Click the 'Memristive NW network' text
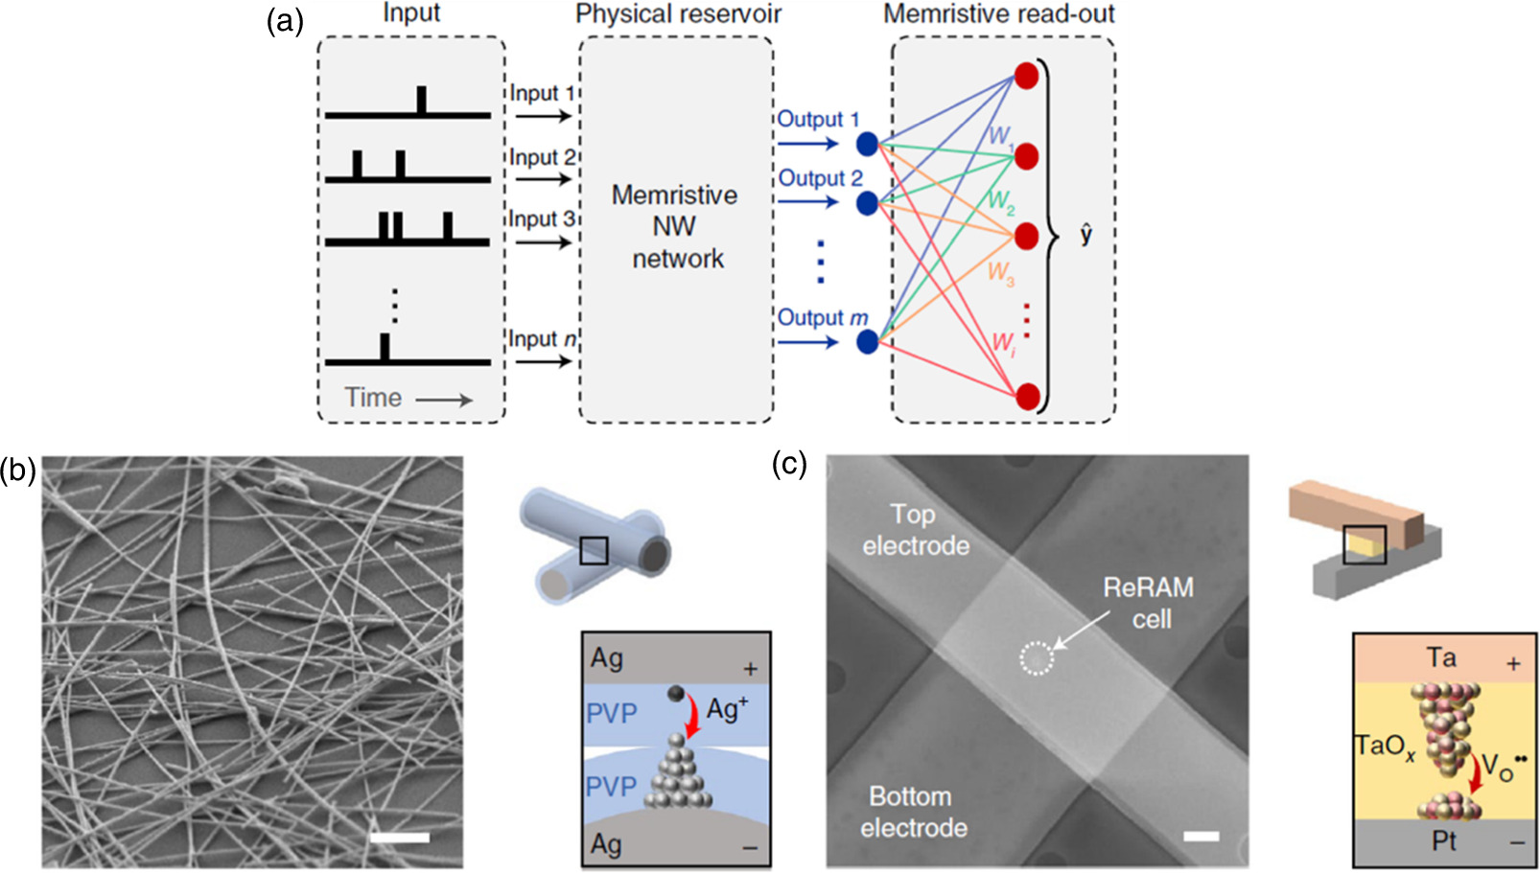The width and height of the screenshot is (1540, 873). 676,227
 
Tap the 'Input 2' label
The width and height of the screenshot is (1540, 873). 541,157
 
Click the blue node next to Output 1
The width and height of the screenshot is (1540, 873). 867,145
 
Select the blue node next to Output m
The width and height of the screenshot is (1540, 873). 867,341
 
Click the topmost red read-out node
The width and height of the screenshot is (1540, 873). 1027,77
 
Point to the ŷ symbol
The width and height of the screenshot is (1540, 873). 1085,234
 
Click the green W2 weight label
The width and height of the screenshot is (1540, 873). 1000,201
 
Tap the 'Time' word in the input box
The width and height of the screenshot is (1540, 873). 373,398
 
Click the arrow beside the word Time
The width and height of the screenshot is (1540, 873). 444,400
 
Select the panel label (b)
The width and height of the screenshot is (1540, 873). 17,471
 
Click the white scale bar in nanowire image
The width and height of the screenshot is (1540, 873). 400,839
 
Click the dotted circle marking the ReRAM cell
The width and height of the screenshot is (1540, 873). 1036,657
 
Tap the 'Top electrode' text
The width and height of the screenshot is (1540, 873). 915,530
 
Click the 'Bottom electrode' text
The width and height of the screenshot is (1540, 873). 913,812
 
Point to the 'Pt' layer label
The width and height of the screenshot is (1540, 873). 1443,841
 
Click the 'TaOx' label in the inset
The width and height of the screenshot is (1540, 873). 1385,747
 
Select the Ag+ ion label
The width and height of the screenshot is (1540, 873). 727,709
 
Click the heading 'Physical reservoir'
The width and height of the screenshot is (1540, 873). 678,13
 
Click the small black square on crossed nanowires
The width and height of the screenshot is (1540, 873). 594,550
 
